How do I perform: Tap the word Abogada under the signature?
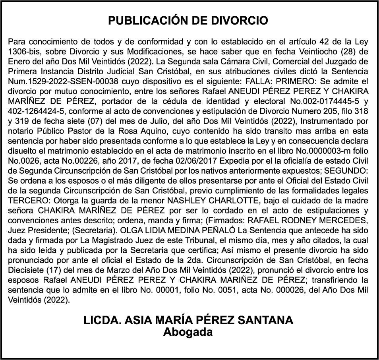[188, 332]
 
